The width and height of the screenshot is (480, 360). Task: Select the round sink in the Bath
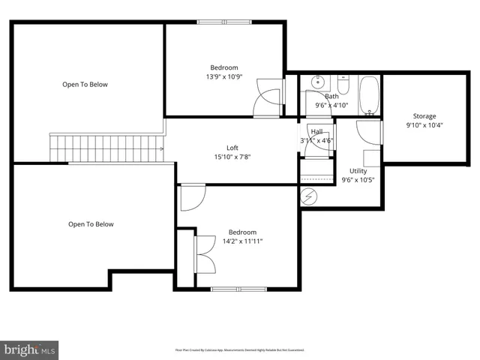(x=316, y=83)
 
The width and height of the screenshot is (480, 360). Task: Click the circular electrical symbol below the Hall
(x=309, y=196)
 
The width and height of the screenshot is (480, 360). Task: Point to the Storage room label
(x=424, y=116)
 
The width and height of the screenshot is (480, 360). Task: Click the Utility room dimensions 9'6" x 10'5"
(x=357, y=180)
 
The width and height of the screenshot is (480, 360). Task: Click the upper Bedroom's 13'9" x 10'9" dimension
(x=224, y=76)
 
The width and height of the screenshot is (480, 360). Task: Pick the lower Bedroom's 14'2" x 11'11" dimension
(x=242, y=241)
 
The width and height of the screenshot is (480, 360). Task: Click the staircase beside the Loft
(x=105, y=148)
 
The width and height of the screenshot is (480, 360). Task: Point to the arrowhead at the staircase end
(x=161, y=148)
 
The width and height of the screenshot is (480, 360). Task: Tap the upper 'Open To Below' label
(x=85, y=85)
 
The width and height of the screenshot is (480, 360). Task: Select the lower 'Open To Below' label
(x=91, y=224)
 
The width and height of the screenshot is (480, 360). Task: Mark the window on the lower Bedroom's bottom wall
(x=238, y=289)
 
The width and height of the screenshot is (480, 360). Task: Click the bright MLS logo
(x=29, y=349)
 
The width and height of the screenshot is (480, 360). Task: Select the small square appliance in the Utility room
(x=371, y=157)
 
